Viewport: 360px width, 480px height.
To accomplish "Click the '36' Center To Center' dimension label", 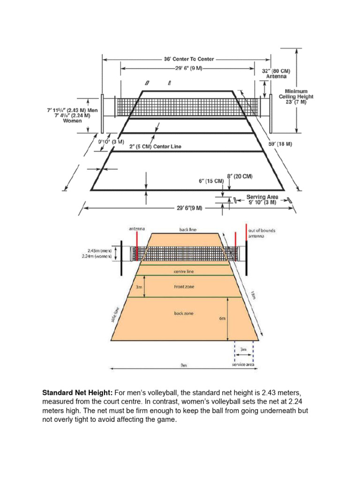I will click(188, 59).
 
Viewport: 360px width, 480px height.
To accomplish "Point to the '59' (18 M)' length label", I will click(280, 144).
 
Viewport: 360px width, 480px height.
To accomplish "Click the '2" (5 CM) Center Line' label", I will click(155, 146).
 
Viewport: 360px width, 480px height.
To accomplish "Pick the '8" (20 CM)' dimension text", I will click(240, 176).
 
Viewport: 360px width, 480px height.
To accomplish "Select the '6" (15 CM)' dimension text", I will click(212, 181).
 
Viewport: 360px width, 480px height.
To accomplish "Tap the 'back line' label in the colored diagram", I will click(187, 230).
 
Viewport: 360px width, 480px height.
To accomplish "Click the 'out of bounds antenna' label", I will click(263, 233).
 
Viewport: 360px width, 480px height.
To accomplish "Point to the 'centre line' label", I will click(187, 271).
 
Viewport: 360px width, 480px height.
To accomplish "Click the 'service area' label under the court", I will click(244, 364).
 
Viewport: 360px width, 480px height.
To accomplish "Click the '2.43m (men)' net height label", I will click(98, 251).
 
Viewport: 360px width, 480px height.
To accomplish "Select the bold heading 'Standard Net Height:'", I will click(78, 392).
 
